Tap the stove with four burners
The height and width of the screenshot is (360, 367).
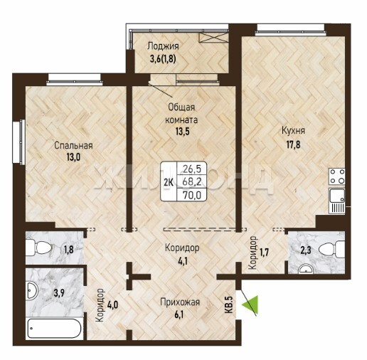(337, 176)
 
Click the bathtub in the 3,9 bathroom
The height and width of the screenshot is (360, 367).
(54, 329)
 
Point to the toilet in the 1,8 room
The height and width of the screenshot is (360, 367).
(38, 248)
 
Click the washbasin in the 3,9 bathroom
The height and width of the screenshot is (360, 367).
(32, 290)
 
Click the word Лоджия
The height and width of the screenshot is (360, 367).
(163, 46)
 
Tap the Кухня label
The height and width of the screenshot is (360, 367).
(293, 131)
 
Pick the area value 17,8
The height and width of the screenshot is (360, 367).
(293, 144)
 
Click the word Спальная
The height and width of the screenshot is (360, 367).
(73, 145)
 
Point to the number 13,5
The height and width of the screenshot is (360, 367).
(182, 131)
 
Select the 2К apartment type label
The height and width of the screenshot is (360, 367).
(169, 182)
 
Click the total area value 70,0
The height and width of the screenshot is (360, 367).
(192, 196)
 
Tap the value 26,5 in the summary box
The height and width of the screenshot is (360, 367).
(192, 169)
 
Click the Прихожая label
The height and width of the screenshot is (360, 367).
(180, 302)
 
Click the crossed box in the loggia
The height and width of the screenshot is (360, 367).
(213, 38)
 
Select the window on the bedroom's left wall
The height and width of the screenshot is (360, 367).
(19, 142)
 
